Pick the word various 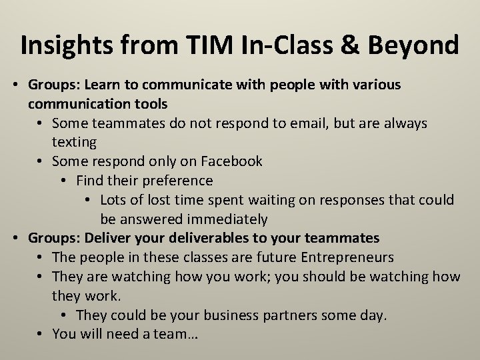(x=377, y=85)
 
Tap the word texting (x=74, y=143)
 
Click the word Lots (x=115, y=200)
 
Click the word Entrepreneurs (x=347, y=257)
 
